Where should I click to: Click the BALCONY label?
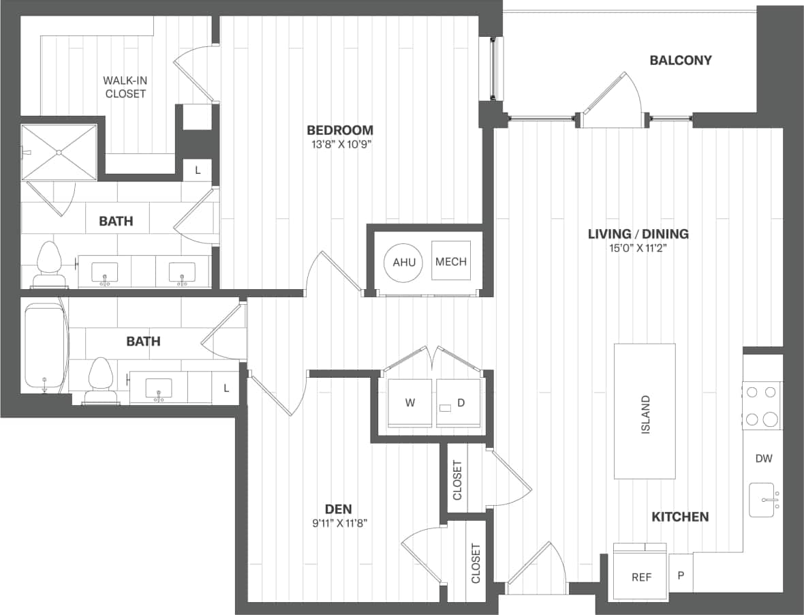(680, 60)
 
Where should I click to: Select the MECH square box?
(450, 262)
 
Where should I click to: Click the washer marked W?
(409, 402)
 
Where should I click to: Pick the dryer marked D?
(460, 402)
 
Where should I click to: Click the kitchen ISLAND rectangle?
(645, 411)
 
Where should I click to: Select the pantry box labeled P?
(680, 574)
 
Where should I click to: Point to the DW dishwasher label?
(764, 458)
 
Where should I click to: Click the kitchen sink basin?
(762, 500)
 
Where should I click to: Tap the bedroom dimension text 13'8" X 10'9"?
(339, 145)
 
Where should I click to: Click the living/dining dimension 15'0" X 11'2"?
(638, 248)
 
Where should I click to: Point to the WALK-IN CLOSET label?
(125, 87)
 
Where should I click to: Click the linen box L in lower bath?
(226, 388)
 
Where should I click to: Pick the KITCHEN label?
(680, 517)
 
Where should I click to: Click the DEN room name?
(339, 509)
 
